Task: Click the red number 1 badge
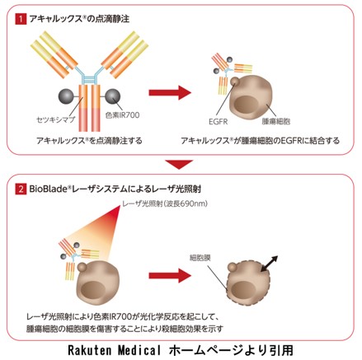point(21,19)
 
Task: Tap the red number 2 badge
point(21,189)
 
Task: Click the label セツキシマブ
point(56,120)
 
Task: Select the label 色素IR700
point(122,115)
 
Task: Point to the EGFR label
point(219,121)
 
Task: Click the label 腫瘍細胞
point(276,121)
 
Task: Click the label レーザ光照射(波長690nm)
point(165,203)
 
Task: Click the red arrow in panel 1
point(170,92)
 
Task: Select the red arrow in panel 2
point(170,275)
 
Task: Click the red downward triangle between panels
point(179,165)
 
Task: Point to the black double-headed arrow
point(270,264)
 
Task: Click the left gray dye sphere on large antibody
point(66,96)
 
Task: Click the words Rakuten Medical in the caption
point(114,350)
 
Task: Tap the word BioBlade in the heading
point(49,189)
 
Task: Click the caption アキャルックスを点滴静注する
point(89,141)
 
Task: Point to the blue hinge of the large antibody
point(89,77)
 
